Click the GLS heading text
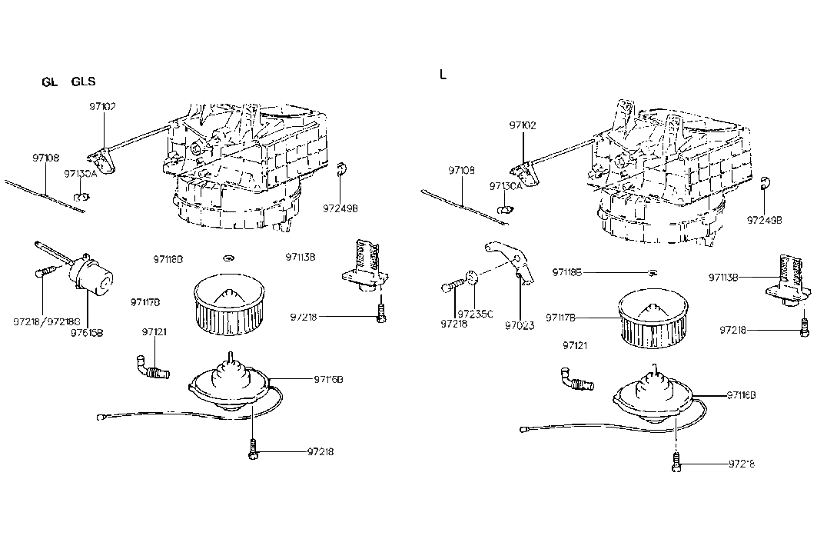pyautogui.click(x=84, y=82)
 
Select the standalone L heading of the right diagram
pyautogui.click(x=442, y=75)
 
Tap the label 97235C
pyautogui.click(x=475, y=314)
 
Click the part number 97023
pyautogui.click(x=519, y=324)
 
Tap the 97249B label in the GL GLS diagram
pyautogui.click(x=340, y=208)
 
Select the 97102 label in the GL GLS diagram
pyautogui.click(x=101, y=106)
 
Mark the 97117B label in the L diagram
pyautogui.click(x=562, y=317)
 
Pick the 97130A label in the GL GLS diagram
pyautogui.click(x=80, y=174)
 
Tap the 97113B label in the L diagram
pyautogui.click(x=724, y=278)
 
